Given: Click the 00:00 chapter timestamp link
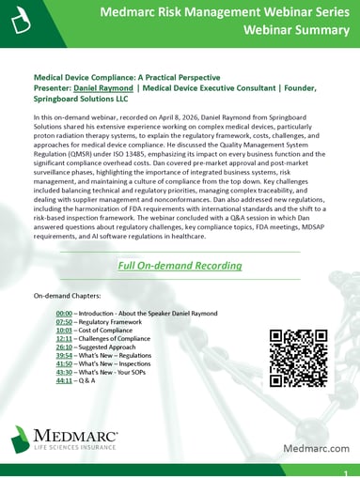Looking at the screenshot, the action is pyautogui.click(x=65, y=313).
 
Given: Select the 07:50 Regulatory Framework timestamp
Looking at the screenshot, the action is pyautogui.click(x=65, y=321).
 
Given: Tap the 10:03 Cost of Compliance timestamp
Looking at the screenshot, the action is pyautogui.click(x=65, y=330).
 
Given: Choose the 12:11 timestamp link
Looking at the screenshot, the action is pyautogui.click(x=65, y=338).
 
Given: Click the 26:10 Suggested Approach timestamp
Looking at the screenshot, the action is pyautogui.click(x=65, y=347).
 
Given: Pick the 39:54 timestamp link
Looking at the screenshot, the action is pyautogui.click(x=65, y=355).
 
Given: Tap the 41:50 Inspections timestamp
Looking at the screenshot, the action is pyautogui.click(x=65, y=363).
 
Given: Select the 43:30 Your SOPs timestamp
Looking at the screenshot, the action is pyautogui.click(x=65, y=372).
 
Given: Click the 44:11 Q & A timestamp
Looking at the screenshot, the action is pyautogui.click(x=65, y=380).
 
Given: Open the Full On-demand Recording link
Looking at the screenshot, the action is pyautogui.click(x=180, y=266).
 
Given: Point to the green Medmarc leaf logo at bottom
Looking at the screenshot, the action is pyautogui.click(x=22, y=439).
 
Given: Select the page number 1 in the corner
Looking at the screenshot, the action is pyautogui.click(x=346, y=472).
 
